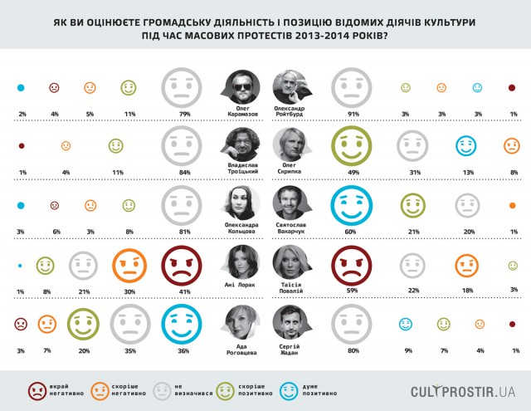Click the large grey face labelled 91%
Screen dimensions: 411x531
(351, 87)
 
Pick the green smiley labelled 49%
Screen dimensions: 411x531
(351, 147)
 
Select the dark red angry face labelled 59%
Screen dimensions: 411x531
(351, 266)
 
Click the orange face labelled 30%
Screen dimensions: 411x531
(129, 266)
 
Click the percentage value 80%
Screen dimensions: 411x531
(351, 350)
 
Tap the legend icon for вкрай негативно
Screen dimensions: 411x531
(37, 389)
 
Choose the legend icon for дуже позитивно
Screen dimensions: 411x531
(279, 389)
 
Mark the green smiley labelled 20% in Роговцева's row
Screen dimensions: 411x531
(82, 325)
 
